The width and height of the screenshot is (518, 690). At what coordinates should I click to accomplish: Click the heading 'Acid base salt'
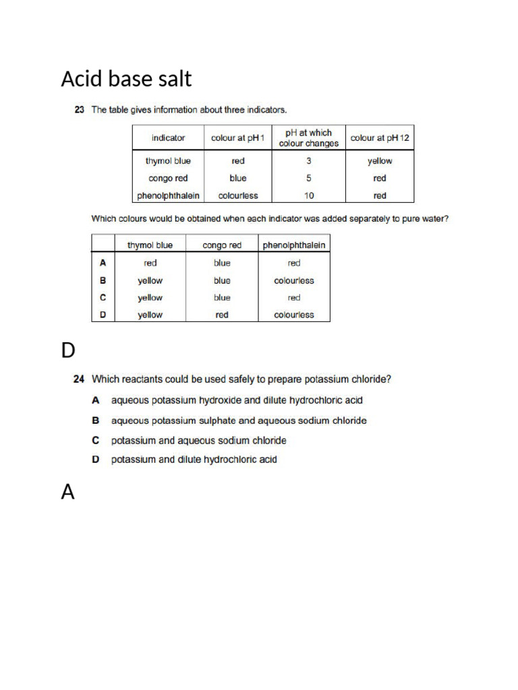[126, 80]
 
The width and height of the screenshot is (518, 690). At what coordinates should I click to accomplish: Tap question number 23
[79, 110]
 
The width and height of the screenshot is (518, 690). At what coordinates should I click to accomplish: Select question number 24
[78, 379]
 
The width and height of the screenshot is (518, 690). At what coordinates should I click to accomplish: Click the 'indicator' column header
[168, 138]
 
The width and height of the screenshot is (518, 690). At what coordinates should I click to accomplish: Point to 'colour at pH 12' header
[380, 138]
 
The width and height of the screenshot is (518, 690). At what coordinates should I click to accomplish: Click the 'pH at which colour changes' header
[309, 138]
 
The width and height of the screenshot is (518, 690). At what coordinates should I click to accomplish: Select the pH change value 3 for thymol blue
[309, 161]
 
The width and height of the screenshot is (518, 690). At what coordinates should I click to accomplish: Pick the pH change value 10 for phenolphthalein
[309, 196]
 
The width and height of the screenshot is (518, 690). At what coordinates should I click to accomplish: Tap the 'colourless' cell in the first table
[237, 196]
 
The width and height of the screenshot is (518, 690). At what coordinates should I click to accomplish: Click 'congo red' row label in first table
[168, 179]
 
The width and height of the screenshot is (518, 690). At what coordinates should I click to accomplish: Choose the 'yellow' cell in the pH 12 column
[380, 161]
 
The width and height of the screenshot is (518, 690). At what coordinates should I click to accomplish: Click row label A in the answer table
[103, 263]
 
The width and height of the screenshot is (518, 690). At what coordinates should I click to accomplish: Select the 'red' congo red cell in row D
[222, 315]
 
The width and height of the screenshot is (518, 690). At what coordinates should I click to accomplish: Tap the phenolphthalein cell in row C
[294, 297]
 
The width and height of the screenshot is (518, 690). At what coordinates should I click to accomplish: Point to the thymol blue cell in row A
[150, 263]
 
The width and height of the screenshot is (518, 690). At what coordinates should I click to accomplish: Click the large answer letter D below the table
[68, 350]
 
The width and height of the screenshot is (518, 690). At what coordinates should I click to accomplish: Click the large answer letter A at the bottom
[68, 493]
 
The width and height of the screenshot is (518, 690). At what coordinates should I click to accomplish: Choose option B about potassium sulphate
[239, 420]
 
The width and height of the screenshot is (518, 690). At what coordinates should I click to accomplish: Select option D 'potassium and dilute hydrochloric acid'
[194, 460]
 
